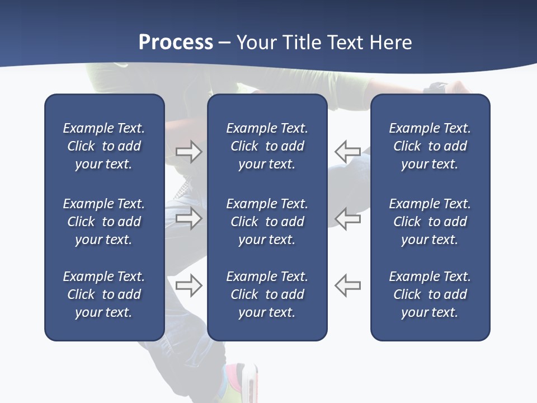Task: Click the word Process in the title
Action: click(x=176, y=43)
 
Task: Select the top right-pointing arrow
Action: click(x=189, y=152)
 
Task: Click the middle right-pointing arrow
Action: click(x=189, y=218)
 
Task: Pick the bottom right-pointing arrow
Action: click(x=189, y=285)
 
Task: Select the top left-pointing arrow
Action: click(x=348, y=152)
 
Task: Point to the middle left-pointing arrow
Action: click(x=348, y=218)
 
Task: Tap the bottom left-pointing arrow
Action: click(x=348, y=285)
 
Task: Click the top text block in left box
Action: click(x=104, y=146)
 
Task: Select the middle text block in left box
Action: click(x=104, y=222)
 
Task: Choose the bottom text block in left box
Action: click(x=104, y=294)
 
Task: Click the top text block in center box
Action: click(x=267, y=146)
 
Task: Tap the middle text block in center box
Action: click(x=267, y=222)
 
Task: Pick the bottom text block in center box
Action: click(x=267, y=294)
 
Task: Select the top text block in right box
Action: click(x=430, y=146)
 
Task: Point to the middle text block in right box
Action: click(x=430, y=222)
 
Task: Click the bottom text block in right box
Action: click(x=430, y=294)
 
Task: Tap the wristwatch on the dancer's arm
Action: click(x=436, y=88)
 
